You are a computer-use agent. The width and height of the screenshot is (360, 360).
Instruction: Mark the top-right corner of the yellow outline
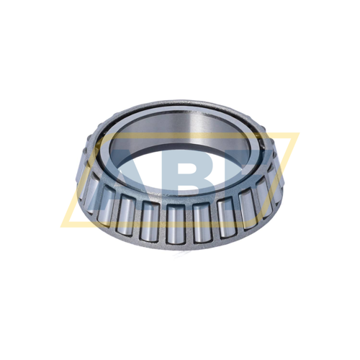[x=297, y=134]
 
